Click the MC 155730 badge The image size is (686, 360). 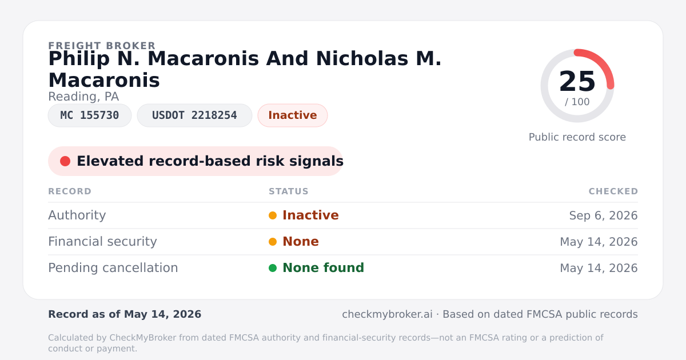(x=90, y=115)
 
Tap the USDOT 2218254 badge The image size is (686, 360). (x=194, y=115)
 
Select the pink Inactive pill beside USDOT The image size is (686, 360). (x=293, y=115)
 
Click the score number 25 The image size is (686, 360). (x=577, y=81)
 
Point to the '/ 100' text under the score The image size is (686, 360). (x=577, y=102)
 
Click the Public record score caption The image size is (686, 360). (x=577, y=137)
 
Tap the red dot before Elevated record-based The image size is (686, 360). (x=65, y=161)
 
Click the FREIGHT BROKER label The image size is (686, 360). (x=102, y=46)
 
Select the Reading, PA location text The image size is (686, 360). (x=83, y=97)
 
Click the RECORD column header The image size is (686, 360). (x=70, y=191)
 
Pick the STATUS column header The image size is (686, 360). (x=289, y=191)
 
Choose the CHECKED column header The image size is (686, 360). (x=613, y=191)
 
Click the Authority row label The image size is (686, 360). (x=77, y=215)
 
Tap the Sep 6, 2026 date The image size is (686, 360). (x=603, y=215)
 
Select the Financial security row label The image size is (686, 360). (x=102, y=242)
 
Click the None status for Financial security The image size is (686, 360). (x=301, y=242)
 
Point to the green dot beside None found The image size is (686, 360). (x=273, y=268)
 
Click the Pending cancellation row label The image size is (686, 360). (x=113, y=268)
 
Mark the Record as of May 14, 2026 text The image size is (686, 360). (x=125, y=314)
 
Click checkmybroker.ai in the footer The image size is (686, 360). (x=388, y=314)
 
